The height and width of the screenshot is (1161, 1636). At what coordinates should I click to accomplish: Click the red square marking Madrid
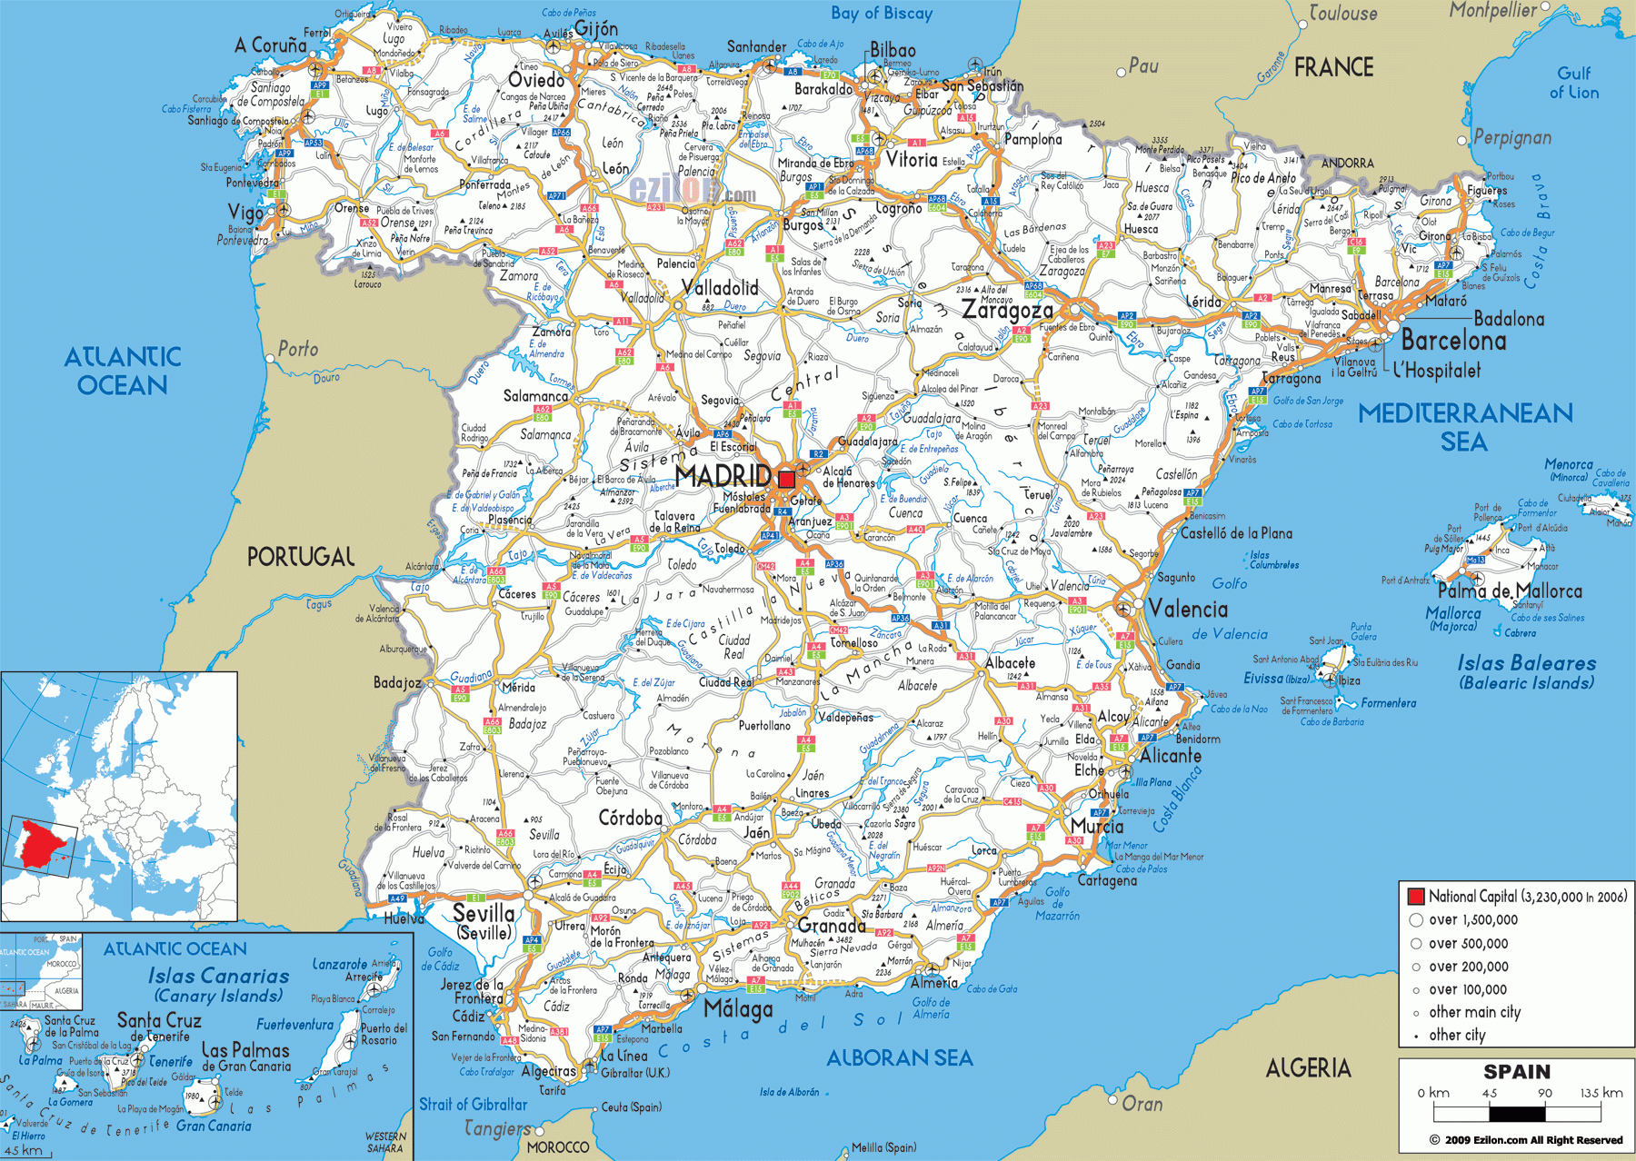click(x=786, y=479)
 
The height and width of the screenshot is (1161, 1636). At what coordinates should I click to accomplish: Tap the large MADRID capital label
click(x=723, y=475)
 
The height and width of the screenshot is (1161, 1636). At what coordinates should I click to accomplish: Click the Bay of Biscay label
click(x=881, y=13)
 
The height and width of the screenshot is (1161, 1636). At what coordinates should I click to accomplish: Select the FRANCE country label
click(x=1333, y=67)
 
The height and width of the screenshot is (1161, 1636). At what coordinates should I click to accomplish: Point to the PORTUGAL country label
click(x=301, y=556)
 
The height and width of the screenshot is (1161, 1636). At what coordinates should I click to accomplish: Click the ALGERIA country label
click(x=1308, y=1068)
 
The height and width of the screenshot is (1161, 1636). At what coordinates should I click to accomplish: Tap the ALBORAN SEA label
click(x=899, y=1057)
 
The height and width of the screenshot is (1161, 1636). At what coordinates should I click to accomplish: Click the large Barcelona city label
click(x=1453, y=341)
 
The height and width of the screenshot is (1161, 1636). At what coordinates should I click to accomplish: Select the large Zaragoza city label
click(x=1007, y=310)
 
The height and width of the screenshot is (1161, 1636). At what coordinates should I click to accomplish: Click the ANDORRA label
click(x=1347, y=163)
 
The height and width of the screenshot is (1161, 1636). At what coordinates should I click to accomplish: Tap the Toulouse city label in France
click(x=1342, y=13)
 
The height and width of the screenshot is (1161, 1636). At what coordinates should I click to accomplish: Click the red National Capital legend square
click(x=1415, y=896)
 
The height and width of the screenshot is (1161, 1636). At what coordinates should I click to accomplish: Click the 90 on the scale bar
click(x=1545, y=1093)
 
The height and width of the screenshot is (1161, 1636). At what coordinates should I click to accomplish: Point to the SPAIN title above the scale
click(x=1517, y=1072)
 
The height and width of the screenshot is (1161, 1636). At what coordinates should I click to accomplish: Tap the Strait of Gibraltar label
click(x=473, y=1104)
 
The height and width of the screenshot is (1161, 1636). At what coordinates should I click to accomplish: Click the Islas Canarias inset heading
click(x=218, y=976)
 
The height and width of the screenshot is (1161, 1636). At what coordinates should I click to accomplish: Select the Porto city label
click(x=298, y=349)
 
